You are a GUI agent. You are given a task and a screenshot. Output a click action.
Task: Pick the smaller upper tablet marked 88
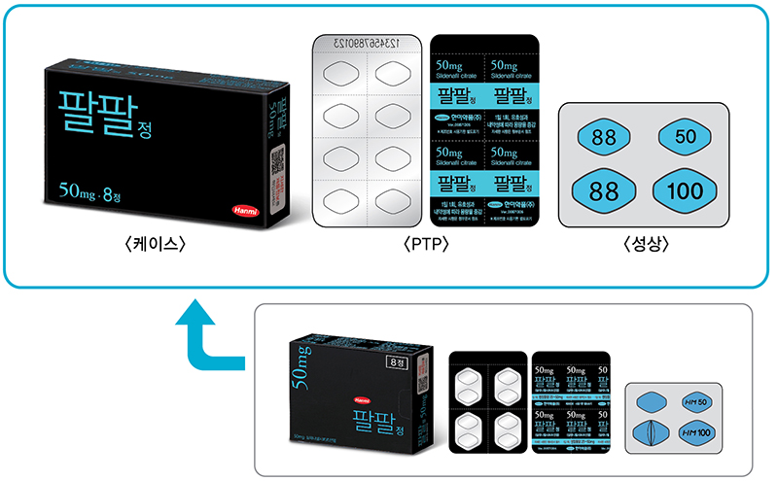point(604,137)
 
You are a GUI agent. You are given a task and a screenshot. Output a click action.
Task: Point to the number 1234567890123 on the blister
point(371,44)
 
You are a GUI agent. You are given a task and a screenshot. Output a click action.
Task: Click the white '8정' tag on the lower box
point(398,362)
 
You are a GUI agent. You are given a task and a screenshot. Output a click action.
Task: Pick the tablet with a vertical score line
point(652,430)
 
